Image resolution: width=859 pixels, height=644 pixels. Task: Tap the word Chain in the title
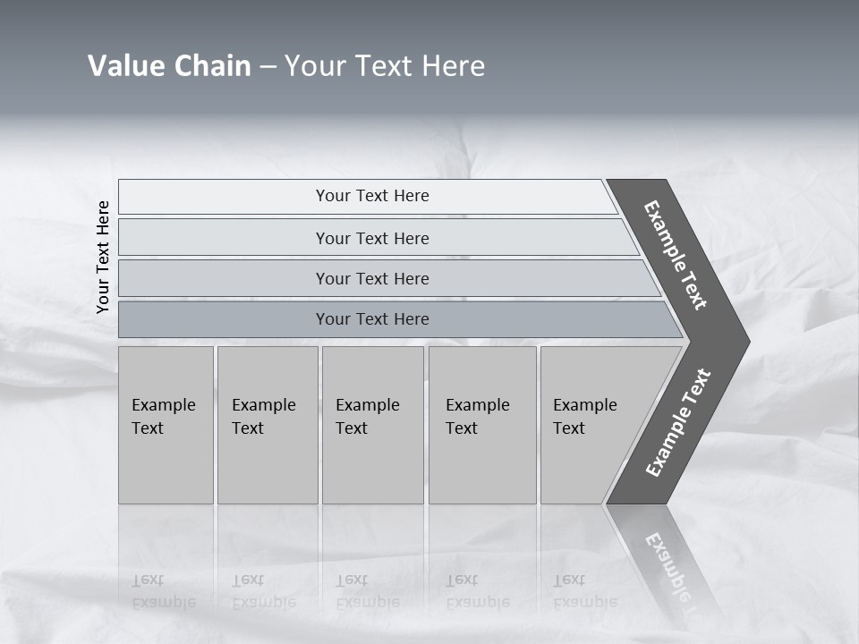coord(212,66)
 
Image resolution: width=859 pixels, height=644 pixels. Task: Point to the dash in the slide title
coord(268,67)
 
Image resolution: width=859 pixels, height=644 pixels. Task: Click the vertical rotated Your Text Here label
coord(103,257)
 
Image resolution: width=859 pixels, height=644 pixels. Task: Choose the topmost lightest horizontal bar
coord(371,196)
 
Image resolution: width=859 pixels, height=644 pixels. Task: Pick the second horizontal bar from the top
coord(371,238)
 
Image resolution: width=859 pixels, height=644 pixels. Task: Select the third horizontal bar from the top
coord(371,278)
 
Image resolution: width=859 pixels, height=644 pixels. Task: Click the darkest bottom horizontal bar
coord(371,319)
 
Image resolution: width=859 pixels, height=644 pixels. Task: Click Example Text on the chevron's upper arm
coord(676,255)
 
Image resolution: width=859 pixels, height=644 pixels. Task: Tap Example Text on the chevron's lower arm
coord(677,423)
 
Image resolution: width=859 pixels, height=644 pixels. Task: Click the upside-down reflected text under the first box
coord(163,591)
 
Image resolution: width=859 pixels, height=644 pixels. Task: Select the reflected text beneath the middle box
coord(367,591)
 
